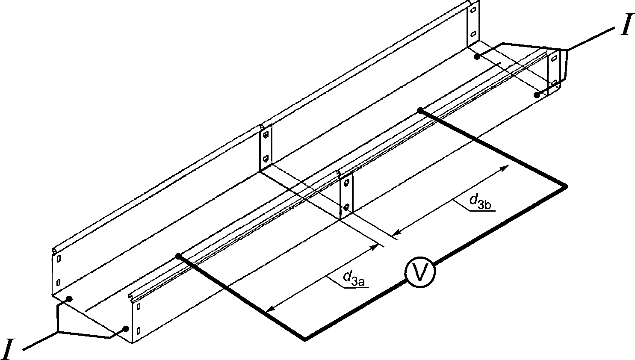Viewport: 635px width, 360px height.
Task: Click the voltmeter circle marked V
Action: point(419,272)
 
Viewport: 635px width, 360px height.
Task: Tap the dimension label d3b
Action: point(481,201)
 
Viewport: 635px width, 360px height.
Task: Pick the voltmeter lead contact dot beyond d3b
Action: point(420,110)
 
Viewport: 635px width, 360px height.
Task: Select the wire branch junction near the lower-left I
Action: point(58,332)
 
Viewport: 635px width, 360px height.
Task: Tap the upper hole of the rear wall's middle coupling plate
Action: point(266,134)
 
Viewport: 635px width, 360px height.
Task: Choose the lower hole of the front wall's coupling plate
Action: point(346,207)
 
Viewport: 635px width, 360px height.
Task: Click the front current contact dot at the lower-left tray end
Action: point(126,329)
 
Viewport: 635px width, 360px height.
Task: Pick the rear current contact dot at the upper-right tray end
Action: point(477,57)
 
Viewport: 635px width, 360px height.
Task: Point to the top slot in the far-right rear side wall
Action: point(473,10)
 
